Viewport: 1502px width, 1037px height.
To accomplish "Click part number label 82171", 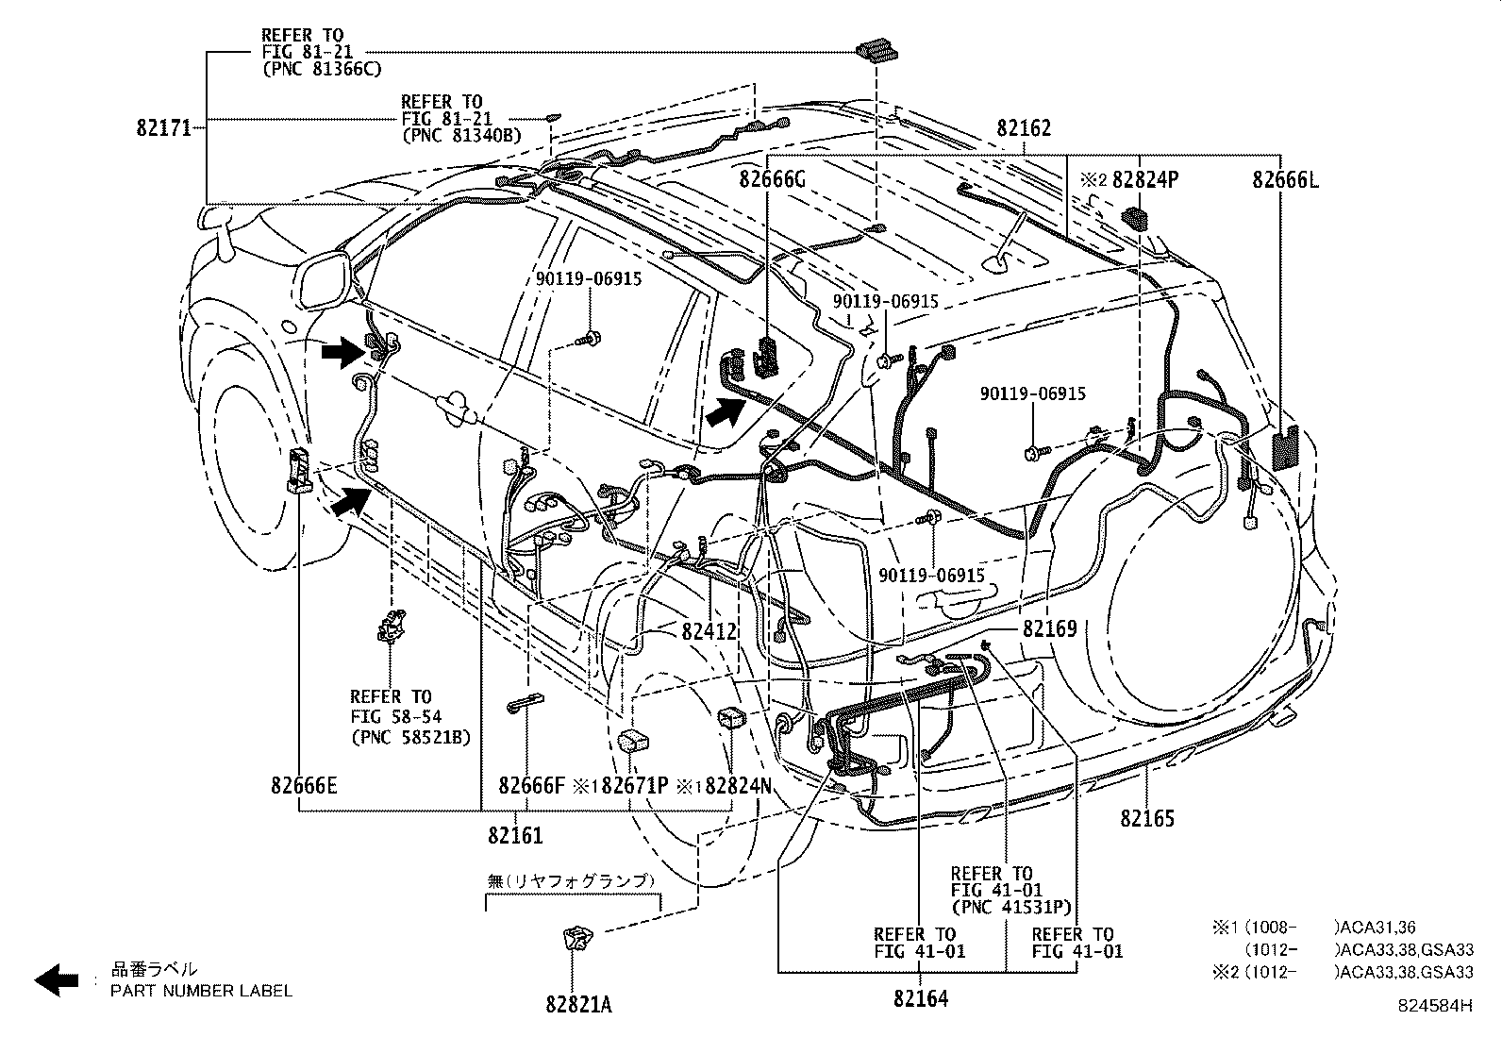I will pos(163,127).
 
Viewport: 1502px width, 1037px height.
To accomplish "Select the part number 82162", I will pos(1024,128).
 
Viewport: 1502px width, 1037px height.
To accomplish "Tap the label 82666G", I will pos(772,179).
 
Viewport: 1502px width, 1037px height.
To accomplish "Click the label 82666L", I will pos(1285,179).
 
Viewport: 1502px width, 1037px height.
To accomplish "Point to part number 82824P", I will pos(1145,179).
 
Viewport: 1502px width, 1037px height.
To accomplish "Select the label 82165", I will pos(1147,818).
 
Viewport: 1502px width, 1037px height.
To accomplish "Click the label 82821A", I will pos(577,1005).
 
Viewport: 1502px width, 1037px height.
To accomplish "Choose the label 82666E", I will pos(303,784).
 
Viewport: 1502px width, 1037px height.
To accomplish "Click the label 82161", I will pos(515,834).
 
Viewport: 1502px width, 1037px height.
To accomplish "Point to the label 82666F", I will pos(531,784).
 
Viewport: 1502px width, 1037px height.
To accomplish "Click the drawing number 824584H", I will pos(1435,1007).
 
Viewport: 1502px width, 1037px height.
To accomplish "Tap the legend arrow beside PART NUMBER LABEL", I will pos(56,979).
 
